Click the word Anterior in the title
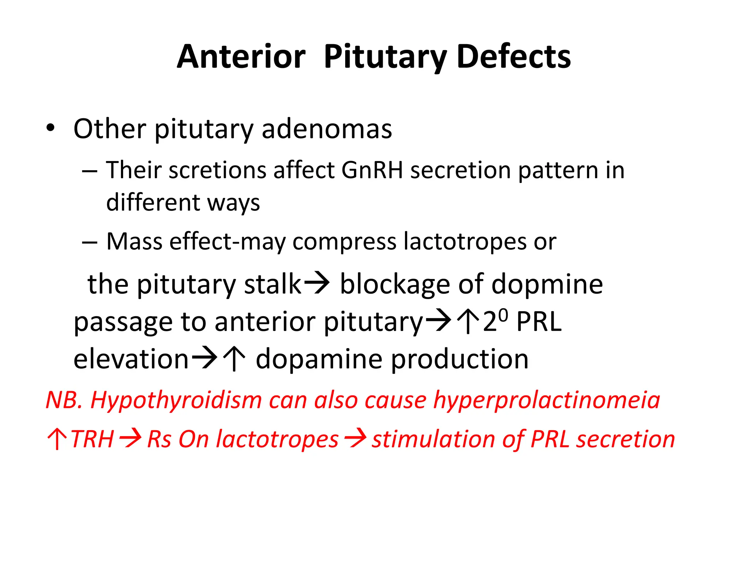241,57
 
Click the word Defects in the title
514,57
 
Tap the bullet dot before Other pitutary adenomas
50,128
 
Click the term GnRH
372,170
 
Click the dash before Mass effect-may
89,242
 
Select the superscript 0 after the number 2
503,314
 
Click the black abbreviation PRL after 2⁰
539,322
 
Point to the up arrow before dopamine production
234,359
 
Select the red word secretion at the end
625,439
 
